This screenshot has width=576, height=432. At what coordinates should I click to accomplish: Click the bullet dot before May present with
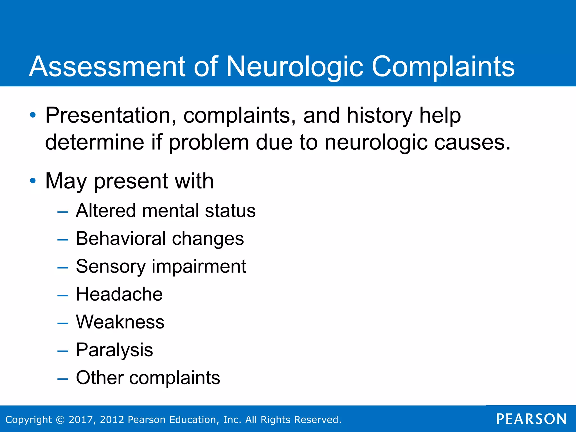33,181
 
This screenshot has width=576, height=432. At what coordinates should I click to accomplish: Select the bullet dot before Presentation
33,115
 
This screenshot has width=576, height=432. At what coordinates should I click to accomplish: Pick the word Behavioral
121,239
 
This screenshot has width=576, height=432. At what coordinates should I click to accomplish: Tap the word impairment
199,266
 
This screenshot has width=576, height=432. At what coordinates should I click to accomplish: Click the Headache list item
119,294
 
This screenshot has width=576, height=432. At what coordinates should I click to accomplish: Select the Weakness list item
120,322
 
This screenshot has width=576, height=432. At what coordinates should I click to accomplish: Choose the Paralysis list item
114,350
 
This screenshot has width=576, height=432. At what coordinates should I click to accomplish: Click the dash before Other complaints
63,379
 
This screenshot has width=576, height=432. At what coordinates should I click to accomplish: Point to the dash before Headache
63,296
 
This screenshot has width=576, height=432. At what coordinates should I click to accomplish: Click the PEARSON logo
531,419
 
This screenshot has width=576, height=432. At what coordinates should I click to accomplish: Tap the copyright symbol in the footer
60,420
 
